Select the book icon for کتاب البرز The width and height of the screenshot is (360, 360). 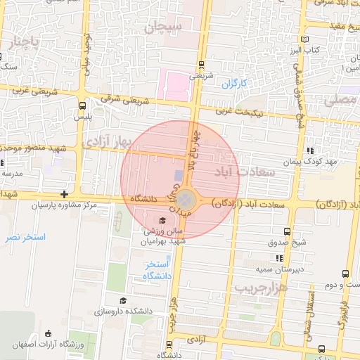coord(304,39)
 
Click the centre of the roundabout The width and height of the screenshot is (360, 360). coord(185,199)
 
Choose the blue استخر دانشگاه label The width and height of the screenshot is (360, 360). coord(159,270)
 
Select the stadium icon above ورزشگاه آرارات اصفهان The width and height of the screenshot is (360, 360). coord(48,333)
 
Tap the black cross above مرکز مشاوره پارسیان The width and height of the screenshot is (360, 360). coord(65,194)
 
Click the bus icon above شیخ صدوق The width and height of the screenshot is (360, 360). coord(287,231)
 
